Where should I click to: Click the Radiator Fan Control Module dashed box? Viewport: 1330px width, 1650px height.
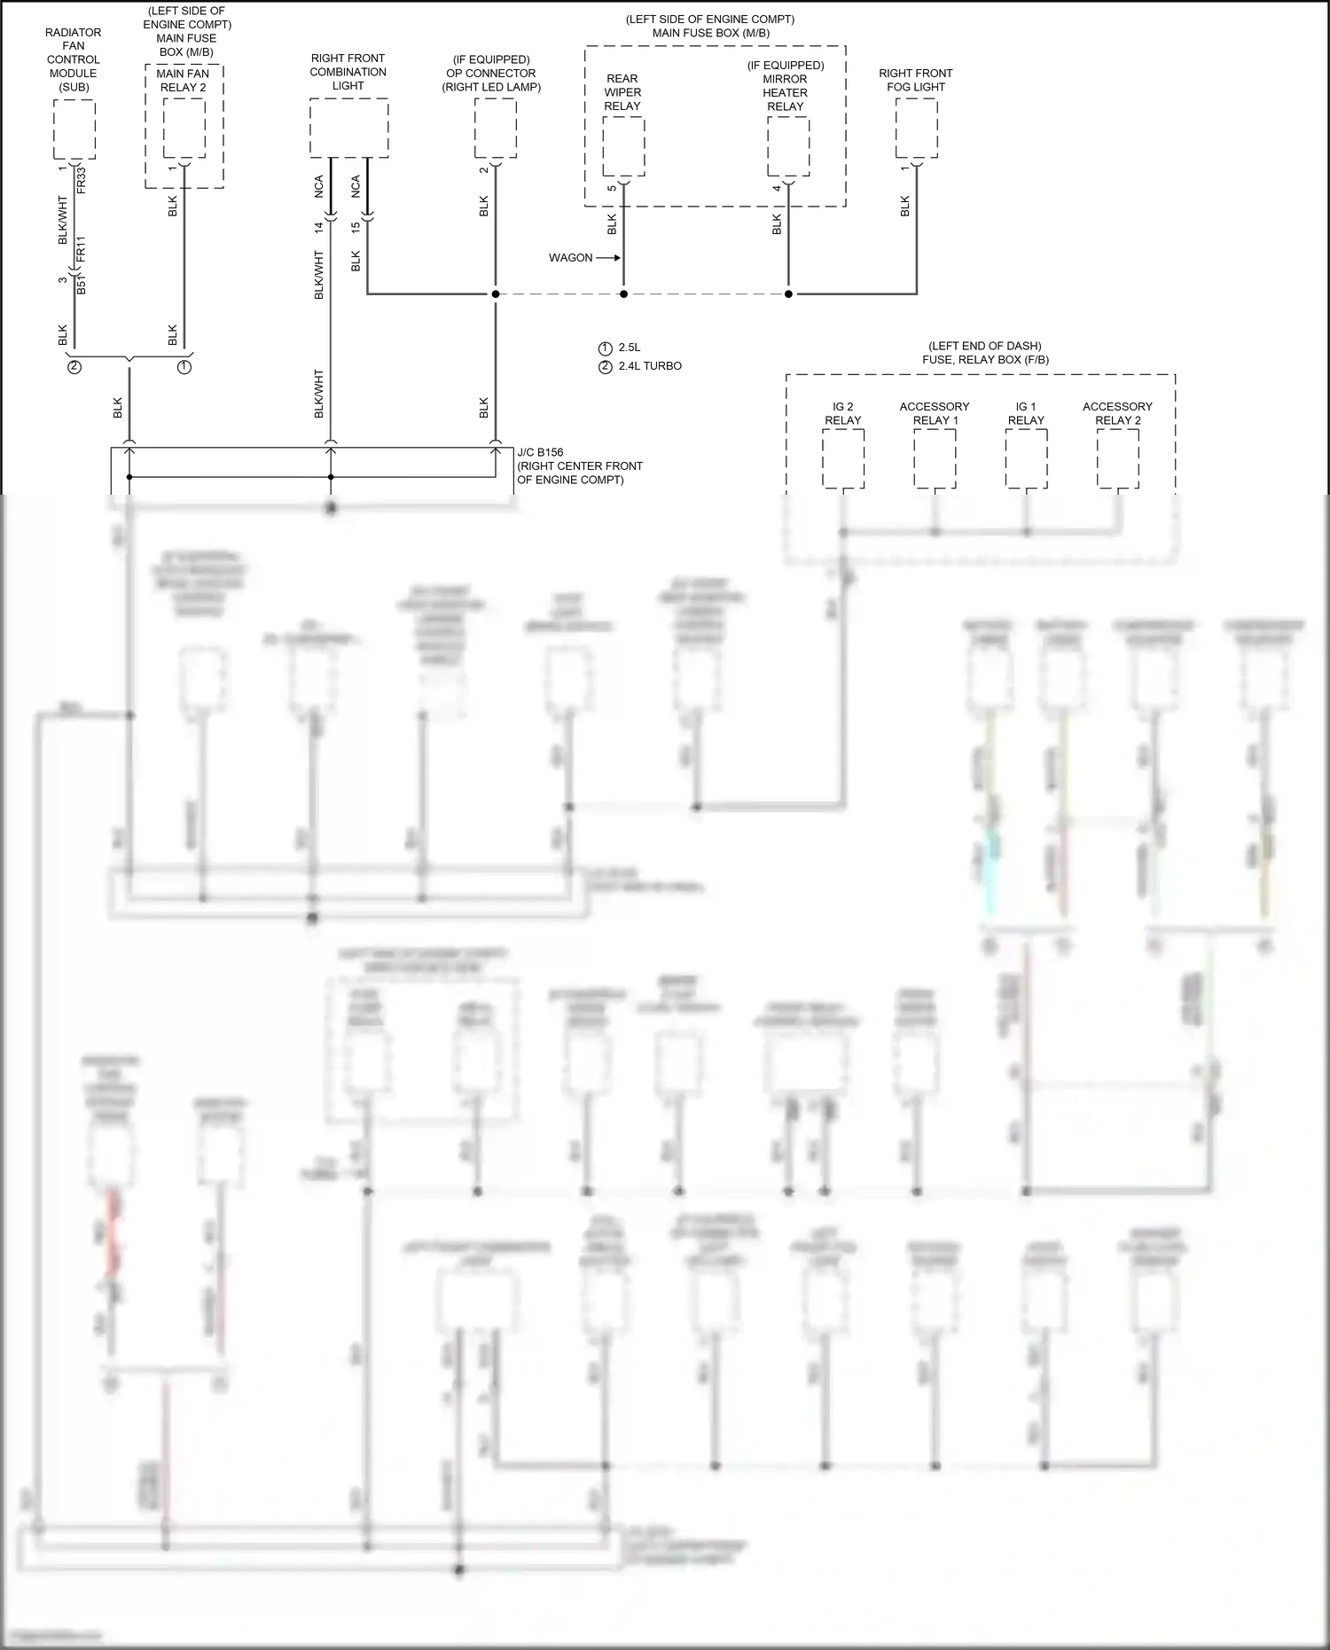coord(74,129)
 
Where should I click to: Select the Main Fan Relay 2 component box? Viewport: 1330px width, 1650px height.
coord(184,129)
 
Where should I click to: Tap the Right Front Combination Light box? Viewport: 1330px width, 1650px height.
coord(348,129)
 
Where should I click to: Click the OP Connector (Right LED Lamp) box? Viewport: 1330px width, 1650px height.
coord(495,129)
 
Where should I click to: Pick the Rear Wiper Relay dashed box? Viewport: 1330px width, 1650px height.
coord(623,147)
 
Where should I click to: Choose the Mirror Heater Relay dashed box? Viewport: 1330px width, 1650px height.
coord(787,147)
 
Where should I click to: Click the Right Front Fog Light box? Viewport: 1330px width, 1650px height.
coord(916,129)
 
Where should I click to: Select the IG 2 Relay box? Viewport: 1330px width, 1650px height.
coord(842,458)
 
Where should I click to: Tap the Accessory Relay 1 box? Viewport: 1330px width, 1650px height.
coord(935,458)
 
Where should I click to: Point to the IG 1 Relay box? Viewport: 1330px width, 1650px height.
coord(1026,458)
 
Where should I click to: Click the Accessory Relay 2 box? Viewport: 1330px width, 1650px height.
coord(1117,458)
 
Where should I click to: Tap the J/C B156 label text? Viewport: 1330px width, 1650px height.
coord(540,452)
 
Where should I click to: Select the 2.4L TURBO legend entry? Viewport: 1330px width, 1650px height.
coord(650,366)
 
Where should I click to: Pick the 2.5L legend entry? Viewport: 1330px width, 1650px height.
coord(629,348)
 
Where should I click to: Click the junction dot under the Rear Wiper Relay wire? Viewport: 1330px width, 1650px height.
coord(623,293)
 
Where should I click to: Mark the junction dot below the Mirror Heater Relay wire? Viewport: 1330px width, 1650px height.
coord(788,293)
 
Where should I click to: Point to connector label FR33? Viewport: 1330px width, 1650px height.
coord(82,179)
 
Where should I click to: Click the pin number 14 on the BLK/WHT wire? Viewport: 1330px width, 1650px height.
coord(319,226)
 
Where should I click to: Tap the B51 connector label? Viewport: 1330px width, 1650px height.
coord(82,284)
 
